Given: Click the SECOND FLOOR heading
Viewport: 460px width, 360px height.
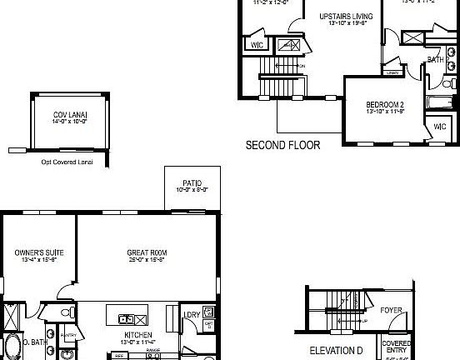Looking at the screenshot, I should (x=282, y=145).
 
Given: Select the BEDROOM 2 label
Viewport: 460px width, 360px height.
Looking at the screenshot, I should (x=384, y=104).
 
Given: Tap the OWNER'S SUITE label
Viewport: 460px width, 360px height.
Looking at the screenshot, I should (x=40, y=252).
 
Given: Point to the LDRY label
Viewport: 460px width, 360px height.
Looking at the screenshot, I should (x=190, y=315).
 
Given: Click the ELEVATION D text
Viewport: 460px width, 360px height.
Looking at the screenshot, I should (x=337, y=350).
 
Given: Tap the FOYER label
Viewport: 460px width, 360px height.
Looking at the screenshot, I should (x=392, y=310).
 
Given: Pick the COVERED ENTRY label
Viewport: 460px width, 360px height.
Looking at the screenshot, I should (x=396, y=347).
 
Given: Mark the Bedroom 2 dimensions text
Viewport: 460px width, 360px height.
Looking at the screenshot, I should (x=384, y=112).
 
